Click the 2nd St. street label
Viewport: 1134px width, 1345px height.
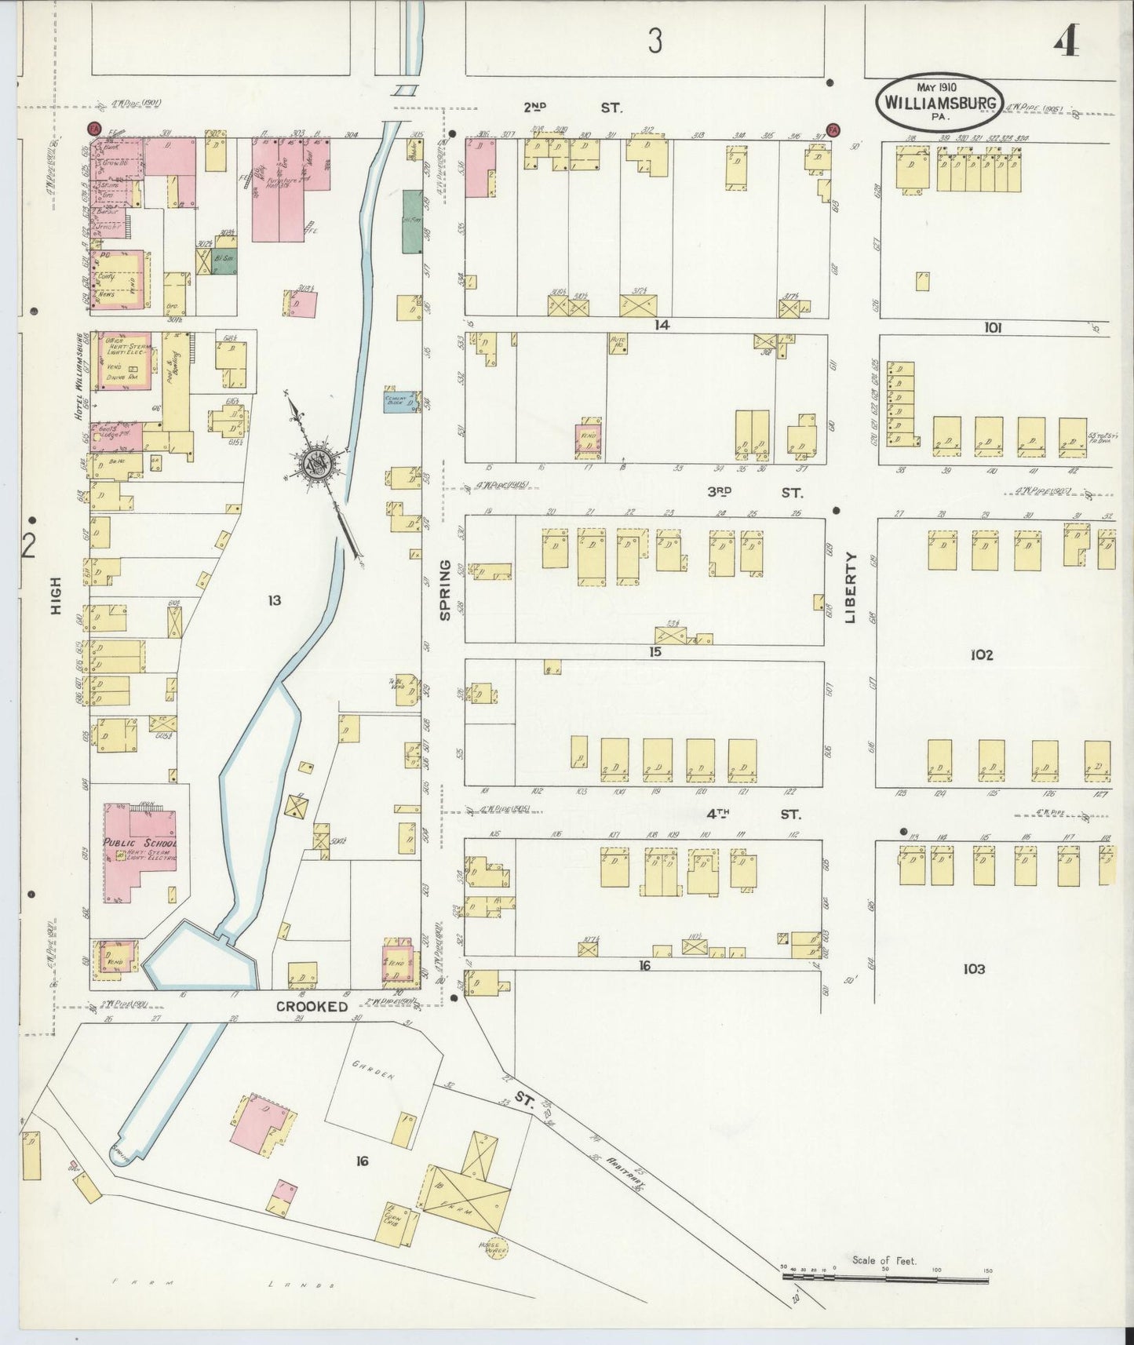pyautogui.click(x=573, y=108)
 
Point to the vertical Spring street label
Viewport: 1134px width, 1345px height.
pyautogui.click(x=445, y=589)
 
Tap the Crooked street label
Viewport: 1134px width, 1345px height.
pyautogui.click(x=312, y=1006)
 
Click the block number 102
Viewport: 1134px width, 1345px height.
pyautogui.click(x=982, y=654)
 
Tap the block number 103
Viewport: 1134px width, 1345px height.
pyautogui.click(x=973, y=969)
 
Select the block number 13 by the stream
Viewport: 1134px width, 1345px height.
pyautogui.click(x=274, y=600)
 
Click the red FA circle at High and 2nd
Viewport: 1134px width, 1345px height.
pyautogui.click(x=93, y=127)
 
